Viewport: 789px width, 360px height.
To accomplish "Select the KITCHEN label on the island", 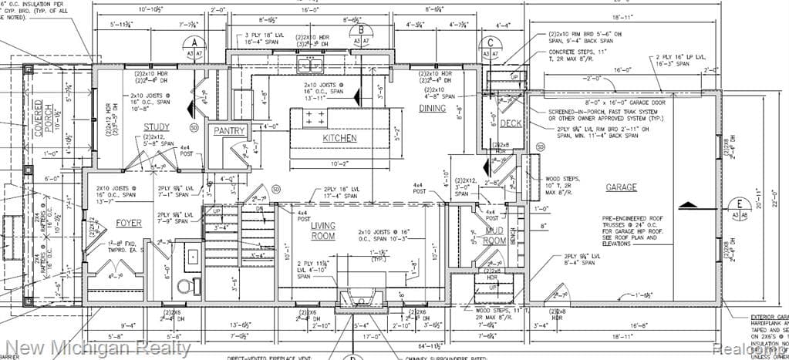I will [x=339, y=137].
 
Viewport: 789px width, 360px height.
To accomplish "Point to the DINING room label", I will [x=433, y=109].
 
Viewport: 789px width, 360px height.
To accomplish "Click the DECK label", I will [x=510, y=123].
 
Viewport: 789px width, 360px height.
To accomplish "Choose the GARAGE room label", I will [x=621, y=187].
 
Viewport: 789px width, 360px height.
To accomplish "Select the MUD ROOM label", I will [x=494, y=236].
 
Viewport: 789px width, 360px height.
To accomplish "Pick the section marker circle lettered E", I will [x=740, y=204].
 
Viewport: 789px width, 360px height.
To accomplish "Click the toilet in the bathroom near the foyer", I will [x=184, y=286].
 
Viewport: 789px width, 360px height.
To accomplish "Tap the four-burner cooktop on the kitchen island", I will [x=315, y=118].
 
